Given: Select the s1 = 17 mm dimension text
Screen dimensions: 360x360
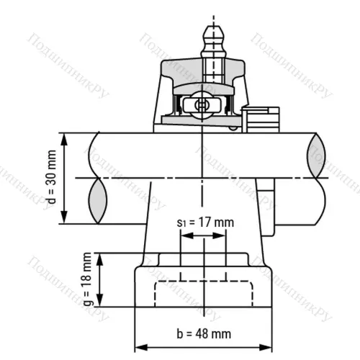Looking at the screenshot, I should pyautogui.click(x=204, y=222).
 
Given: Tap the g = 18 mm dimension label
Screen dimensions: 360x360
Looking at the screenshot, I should pyautogui.click(x=87, y=279).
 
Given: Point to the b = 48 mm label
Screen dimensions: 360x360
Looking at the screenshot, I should pyautogui.click(x=204, y=333).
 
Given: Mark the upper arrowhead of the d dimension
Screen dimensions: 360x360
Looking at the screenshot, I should pyautogui.click(x=66, y=138).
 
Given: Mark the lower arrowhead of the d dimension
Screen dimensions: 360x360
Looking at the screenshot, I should pyautogui.click(x=66, y=219).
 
